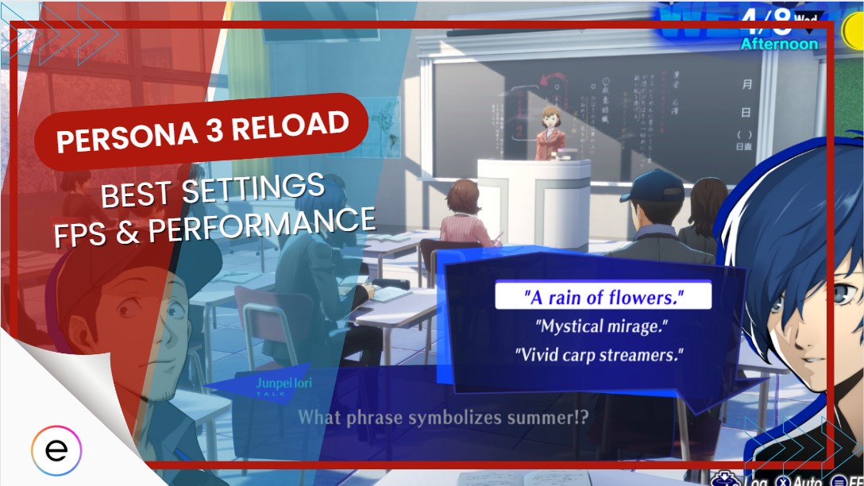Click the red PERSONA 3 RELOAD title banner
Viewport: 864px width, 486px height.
click(x=202, y=132)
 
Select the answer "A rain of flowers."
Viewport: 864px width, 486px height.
click(x=604, y=298)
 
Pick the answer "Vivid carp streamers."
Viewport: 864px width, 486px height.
click(x=600, y=354)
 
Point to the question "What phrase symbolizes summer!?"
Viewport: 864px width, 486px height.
click(x=443, y=416)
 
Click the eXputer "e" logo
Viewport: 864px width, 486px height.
click(x=56, y=450)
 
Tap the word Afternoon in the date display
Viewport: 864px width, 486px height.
click(x=778, y=44)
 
